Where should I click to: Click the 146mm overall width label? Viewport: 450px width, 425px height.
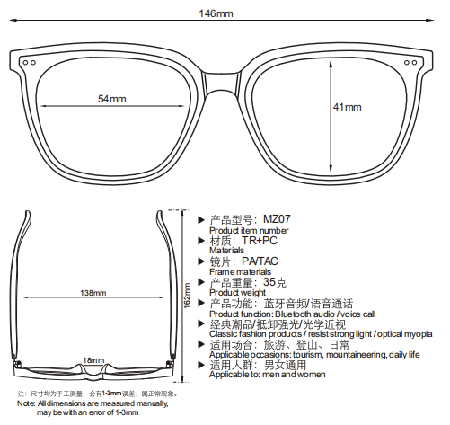216,13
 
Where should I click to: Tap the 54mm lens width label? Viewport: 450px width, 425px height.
112,99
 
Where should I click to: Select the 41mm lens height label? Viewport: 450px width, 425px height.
348,107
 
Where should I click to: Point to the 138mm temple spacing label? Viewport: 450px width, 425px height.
93,293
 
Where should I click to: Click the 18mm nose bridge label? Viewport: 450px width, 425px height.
93,360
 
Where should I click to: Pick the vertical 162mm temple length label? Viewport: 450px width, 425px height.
187,296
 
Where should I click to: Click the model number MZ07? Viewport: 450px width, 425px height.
277,219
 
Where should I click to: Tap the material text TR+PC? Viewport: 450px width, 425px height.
260,241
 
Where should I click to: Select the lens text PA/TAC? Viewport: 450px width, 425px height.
260,261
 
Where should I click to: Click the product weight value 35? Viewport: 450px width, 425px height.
269,282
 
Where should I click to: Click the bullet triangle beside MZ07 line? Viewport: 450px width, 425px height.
201,220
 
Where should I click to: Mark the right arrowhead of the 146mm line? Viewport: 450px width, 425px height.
430,20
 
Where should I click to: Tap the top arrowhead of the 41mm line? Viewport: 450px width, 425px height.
331,64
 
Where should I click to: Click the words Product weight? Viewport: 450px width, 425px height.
237,292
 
